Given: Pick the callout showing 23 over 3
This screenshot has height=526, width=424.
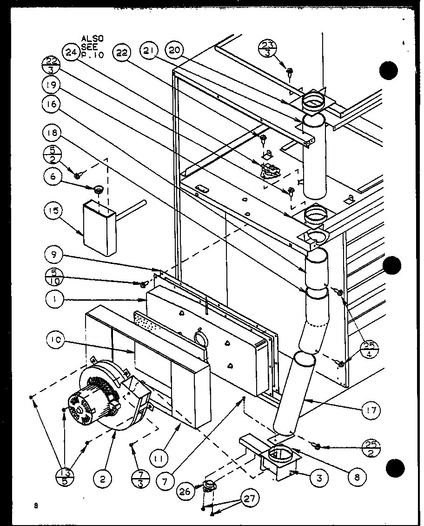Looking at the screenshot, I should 268,49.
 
